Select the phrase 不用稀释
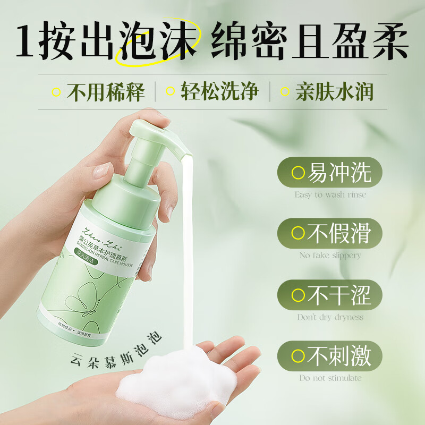click(x=106, y=92)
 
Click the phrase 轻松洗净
click(x=219, y=91)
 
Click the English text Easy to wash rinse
click(x=330, y=195)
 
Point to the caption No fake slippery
click(x=330, y=256)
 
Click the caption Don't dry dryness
click(x=330, y=317)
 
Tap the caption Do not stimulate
click(x=330, y=378)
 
